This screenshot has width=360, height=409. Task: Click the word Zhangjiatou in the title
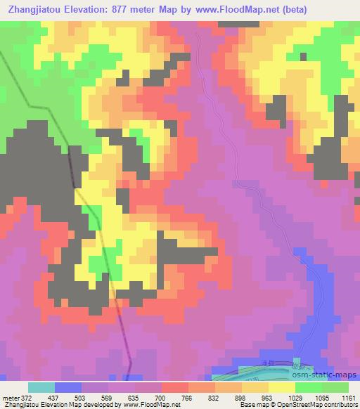pyautogui.click(x=36, y=9)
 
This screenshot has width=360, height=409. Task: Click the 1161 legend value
pyautogui.click(x=349, y=398)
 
